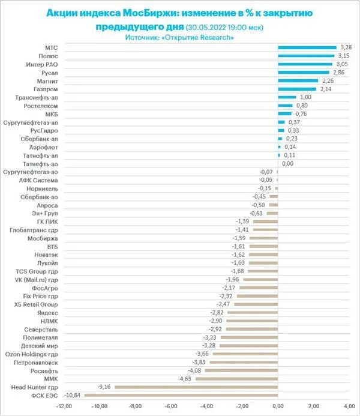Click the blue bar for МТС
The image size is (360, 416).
click(x=307, y=47)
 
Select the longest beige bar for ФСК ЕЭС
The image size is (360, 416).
click(x=181, y=395)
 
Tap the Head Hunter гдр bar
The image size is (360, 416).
click(x=196, y=387)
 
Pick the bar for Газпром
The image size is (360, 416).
click(x=298, y=89)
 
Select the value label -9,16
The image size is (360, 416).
click(x=104, y=387)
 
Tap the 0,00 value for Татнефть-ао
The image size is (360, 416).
click(x=287, y=163)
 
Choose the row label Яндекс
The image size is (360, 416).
click(x=47, y=313)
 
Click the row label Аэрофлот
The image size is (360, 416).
click(x=44, y=147)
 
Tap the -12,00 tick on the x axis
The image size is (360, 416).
click(x=64, y=406)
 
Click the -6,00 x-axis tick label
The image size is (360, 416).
click(x=171, y=406)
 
